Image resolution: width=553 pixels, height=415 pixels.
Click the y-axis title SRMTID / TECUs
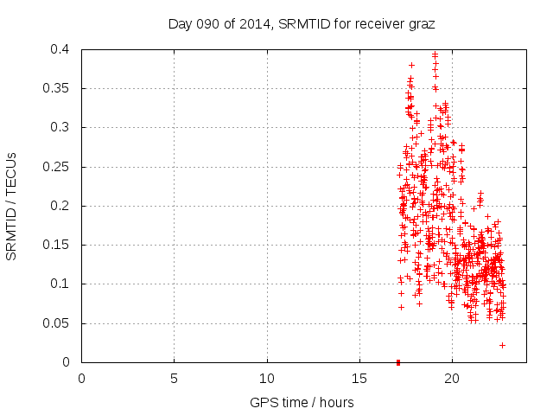click(12, 206)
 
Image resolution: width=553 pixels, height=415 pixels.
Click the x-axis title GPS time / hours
click(302, 402)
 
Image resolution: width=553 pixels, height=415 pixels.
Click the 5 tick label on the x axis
click(175, 378)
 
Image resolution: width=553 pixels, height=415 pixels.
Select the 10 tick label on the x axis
click(267, 378)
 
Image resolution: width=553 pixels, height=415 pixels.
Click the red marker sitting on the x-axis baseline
click(398, 361)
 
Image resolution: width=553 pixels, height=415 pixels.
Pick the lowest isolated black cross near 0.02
click(502, 345)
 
